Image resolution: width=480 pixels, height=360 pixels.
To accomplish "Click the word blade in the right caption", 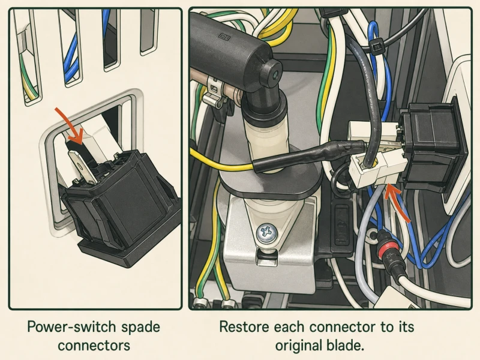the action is click(346, 346).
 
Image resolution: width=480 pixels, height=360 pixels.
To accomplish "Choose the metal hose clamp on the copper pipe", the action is click(214, 91).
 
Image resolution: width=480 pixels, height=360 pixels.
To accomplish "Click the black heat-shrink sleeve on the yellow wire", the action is click(309, 156).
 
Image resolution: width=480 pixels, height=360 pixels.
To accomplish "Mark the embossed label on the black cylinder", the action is click(224, 37).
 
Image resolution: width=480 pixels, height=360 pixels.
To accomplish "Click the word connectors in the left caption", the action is click(94, 346).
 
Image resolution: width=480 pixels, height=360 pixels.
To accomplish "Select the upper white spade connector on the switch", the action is click(374, 130).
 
